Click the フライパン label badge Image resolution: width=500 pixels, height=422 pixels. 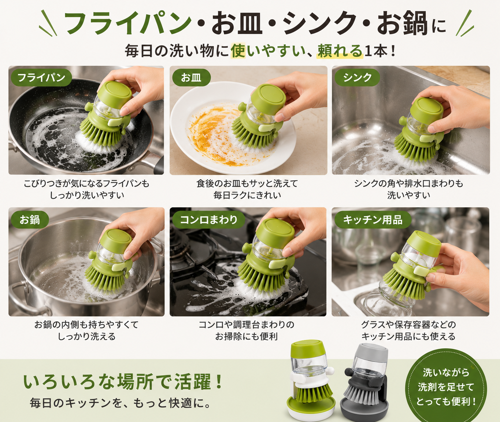pos(41,78)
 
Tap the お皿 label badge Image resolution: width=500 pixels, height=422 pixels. pos(191,78)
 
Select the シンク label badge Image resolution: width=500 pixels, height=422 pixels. pos(357,78)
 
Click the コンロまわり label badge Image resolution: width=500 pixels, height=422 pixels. pos(208,219)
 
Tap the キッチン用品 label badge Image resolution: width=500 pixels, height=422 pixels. pos(373,219)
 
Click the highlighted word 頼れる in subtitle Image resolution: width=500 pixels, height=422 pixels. pos(340,51)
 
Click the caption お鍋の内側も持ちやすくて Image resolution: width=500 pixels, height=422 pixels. pos(86,325)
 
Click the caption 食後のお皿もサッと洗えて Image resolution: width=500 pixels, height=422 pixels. pos(247,184)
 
